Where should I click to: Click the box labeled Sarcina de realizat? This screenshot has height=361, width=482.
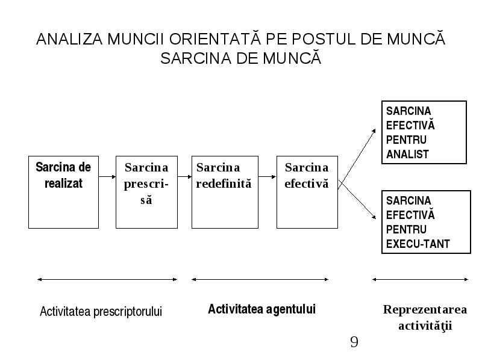(x=63, y=192)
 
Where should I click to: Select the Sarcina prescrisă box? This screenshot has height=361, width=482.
(x=146, y=192)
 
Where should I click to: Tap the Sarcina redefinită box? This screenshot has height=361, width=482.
(x=225, y=192)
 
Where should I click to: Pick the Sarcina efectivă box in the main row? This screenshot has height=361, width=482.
(x=307, y=192)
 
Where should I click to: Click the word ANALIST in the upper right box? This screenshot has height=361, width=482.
(x=407, y=154)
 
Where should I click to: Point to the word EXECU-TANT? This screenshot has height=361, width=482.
(x=418, y=244)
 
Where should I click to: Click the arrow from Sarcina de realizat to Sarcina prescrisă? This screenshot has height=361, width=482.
(x=107, y=176)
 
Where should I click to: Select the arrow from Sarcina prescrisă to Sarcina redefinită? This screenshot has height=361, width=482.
(x=184, y=176)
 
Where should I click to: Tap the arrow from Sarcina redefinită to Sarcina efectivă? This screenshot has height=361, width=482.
(x=267, y=176)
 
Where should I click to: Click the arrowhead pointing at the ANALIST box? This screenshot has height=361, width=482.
(x=374, y=131)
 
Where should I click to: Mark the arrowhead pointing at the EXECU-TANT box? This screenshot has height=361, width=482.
(x=374, y=217)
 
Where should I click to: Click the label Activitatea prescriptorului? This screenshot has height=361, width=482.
(x=101, y=312)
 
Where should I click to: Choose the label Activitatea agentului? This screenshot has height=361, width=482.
(x=262, y=309)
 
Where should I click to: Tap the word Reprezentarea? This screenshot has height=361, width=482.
(x=425, y=310)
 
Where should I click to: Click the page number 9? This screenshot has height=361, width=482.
(x=354, y=342)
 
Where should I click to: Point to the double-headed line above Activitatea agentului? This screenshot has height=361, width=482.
(x=260, y=279)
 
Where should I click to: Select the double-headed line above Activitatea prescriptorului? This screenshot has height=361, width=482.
(x=107, y=279)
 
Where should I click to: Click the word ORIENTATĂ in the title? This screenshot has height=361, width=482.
(x=215, y=39)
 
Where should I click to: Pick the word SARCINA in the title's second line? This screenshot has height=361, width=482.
(x=196, y=58)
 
